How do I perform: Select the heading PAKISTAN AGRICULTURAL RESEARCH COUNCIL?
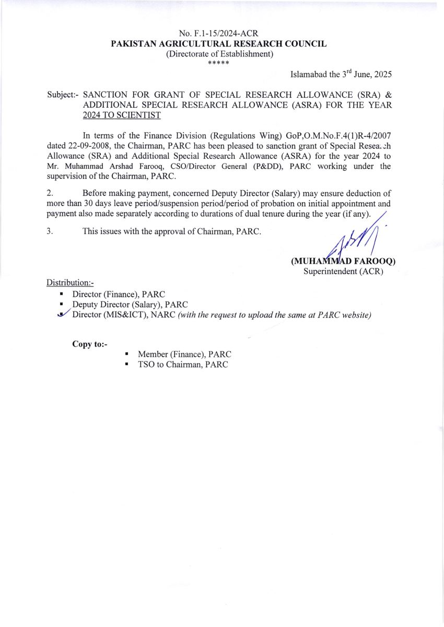[219, 44]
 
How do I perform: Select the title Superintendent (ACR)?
[343, 272]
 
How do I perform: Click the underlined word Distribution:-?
[70, 283]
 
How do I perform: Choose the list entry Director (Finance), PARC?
[119, 294]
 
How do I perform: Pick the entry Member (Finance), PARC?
[184, 355]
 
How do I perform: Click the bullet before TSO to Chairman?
[126, 365]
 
